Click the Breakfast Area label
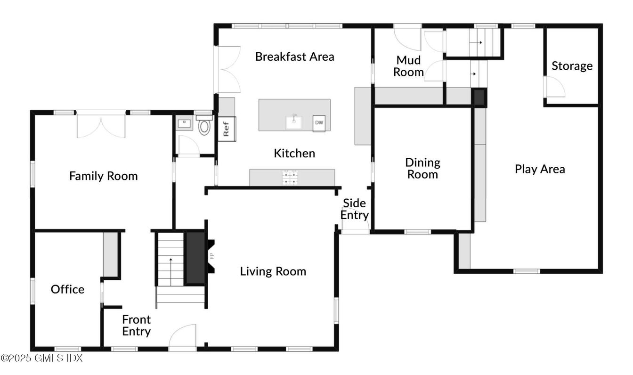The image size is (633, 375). point(294,57)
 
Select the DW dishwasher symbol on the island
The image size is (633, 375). point(319,123)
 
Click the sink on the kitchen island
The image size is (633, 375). point(294,122)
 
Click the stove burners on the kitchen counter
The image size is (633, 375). point(288,177)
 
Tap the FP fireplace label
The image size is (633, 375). point(212,256)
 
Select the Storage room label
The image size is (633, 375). point(572,66)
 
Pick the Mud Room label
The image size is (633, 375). point(408,66)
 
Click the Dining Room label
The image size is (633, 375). point(422,169)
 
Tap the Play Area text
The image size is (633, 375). point(540,169)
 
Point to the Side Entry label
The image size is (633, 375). point(355,209)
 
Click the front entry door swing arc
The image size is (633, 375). point(183,336)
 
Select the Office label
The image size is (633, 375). point(68,289)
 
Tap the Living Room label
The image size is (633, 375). point(273,271)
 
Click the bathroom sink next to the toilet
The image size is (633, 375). point(184,124)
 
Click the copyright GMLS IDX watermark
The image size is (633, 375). point(41,358)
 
